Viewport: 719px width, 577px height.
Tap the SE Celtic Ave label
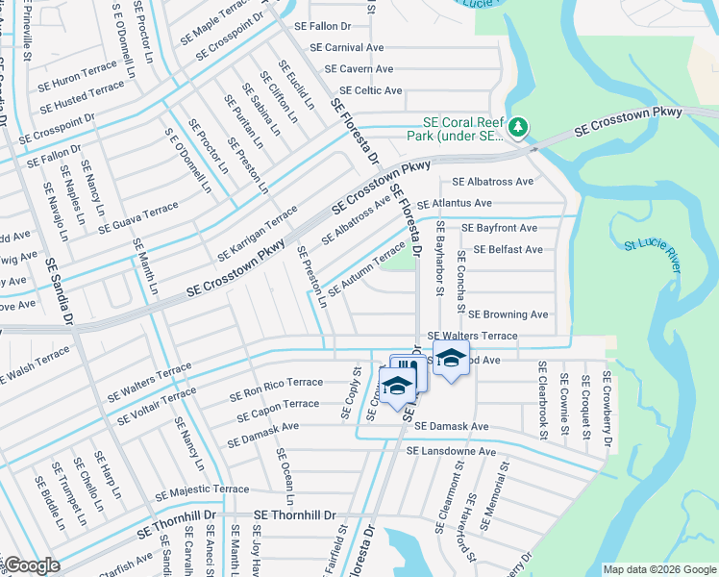click(x=365, y=90)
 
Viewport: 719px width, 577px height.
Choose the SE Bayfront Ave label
click(x=499, y=228)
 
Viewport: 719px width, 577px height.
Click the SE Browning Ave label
click(x=508, y=314)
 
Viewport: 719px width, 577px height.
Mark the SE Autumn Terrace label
click(x=366, y=270)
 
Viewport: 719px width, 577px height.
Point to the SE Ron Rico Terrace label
click(x=276, y=389)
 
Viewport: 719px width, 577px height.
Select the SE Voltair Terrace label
click(x=160, y=398)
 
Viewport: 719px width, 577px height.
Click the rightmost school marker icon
click(x=450, y=359)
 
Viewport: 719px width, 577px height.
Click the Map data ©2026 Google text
click(x=658, y=569)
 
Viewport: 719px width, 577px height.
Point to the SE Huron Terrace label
click(x=77, y=78)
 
